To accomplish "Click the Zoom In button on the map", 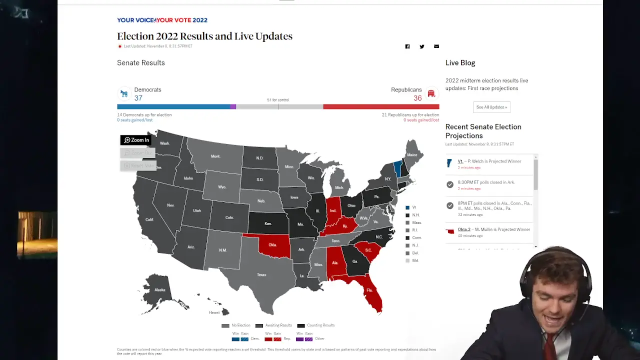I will point(136,140).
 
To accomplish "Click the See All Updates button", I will point(491,107).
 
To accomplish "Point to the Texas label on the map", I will point(261,274).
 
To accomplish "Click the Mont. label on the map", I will point(215,156).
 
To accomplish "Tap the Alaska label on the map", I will point(159,290).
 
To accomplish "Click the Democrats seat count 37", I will point(138,98).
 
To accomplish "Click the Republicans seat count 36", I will point(417,98).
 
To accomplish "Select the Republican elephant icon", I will point(431,93).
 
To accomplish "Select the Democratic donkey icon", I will point(124,93).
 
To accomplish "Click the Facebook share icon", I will point(407,46).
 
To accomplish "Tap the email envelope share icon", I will point(436,46).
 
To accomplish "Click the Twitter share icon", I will point(422,46).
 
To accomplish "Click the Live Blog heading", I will point(460,62).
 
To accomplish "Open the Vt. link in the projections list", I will point(460,161).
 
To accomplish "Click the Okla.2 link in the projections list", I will point(464,229).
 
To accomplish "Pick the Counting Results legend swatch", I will point(301,325).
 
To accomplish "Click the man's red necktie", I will point(549,345).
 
